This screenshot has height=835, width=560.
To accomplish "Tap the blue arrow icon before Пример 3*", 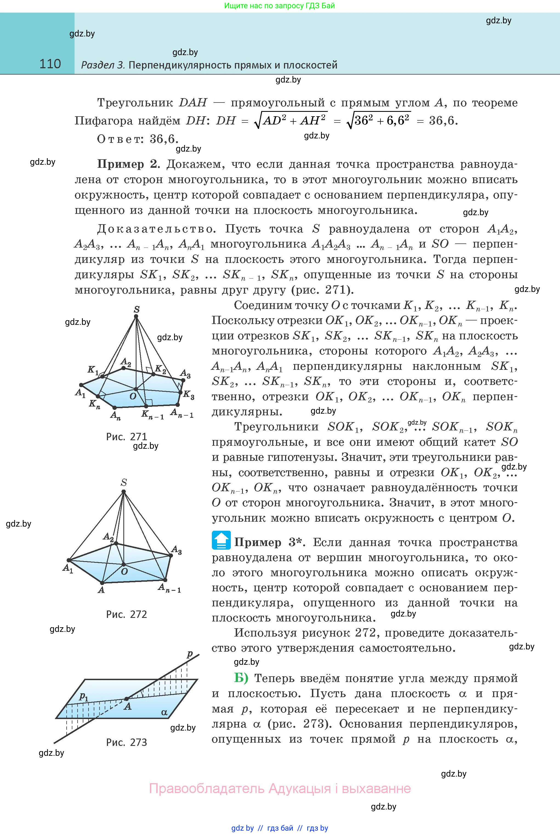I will pyautogui.click(x=221, y=540).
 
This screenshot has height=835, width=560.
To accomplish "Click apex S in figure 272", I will pyautogui.click(x=124, y=492).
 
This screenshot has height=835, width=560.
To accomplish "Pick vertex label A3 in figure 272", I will pyautogui.click(x=177, y=550).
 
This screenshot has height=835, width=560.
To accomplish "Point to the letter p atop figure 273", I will pyautogui.click(x=190, y=654).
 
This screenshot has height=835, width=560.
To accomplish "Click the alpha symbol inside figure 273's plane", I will pyautogui.click(x=164, y=712).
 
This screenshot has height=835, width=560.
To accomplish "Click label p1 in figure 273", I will pyautogui.click(x=84, y=696).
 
